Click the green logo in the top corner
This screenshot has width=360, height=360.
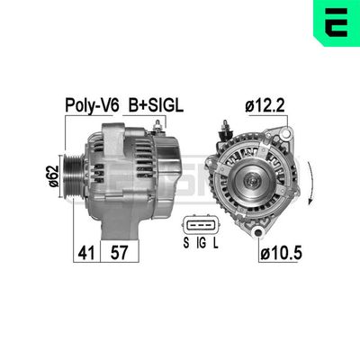click(337, 22)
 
